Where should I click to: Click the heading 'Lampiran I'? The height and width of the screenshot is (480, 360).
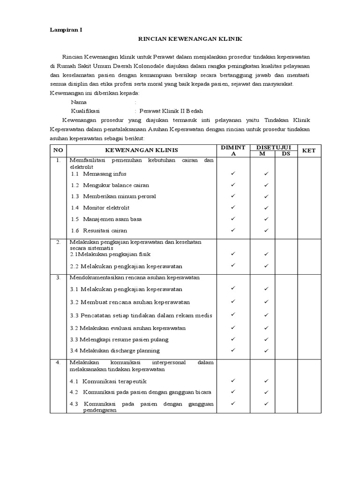[66, 30]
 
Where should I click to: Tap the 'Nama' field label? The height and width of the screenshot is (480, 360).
[79, 102]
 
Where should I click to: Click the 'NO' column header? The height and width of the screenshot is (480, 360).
[58, 150]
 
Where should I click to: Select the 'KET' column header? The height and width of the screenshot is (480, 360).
[309, 150]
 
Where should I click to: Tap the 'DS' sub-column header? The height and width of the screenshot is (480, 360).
[286, 154]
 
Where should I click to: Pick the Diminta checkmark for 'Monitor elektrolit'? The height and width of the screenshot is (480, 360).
[232, 207]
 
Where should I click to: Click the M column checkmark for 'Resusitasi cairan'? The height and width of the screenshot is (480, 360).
[266, 230]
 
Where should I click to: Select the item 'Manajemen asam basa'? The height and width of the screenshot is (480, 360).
[112, 219]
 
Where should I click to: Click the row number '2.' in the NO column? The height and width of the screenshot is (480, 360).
[58, 242]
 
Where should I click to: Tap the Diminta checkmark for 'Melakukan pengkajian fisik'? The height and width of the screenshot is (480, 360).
[232, 254]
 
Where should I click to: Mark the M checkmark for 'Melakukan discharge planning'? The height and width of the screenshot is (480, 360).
[266, 350]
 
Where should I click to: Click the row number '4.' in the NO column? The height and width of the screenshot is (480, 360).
[58, 362]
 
